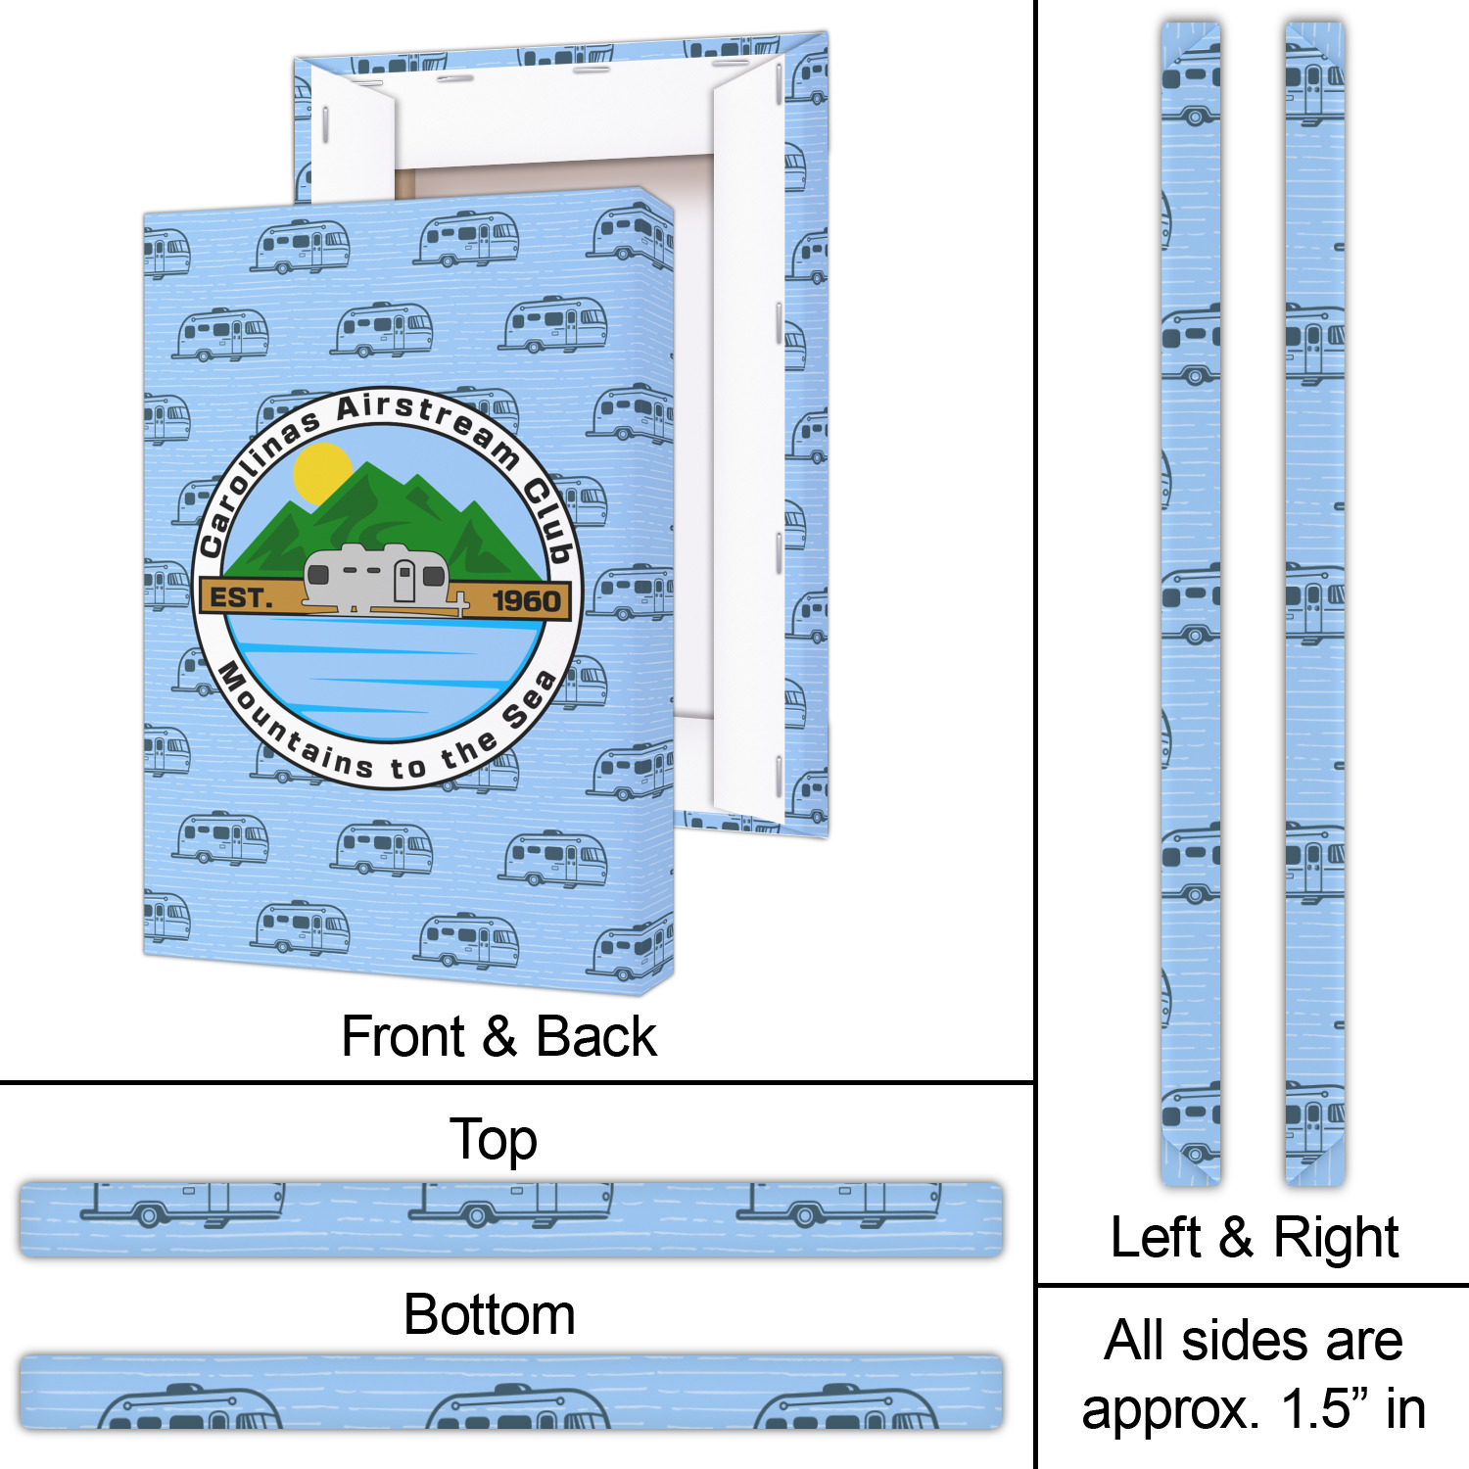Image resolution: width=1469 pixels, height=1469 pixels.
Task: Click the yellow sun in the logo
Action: (x=321, y=472)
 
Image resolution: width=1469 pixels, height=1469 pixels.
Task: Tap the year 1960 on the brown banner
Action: (x=526, y=601)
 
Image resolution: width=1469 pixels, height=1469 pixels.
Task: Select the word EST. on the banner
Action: (x=238, y=597)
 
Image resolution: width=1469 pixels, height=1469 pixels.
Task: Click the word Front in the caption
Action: (x=403, y=1036)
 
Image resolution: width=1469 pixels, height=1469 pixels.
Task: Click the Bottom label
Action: (x=489, y=1314)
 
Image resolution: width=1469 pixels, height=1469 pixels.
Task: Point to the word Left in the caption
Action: (x=1155, y=1237)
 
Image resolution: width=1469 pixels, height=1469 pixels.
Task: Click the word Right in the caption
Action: (x=1336, y=1238)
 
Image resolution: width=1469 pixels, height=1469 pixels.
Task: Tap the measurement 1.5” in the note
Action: (x=1324, y=1409)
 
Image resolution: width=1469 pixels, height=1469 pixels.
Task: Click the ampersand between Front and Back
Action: (x=499, y=1036)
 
